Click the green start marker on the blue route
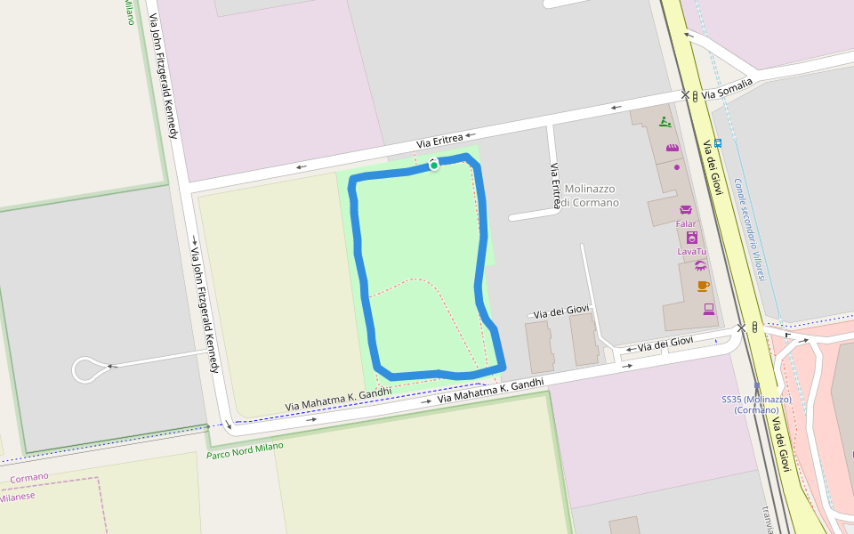click(433, 165)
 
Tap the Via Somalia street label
click(727, 88)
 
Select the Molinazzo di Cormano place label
click(591, 195)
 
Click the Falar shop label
click(686, 224)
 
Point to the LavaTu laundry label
click(691, 252)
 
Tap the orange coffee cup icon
click(703, 286)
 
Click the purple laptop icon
click(709, 309)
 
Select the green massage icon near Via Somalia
click(665, 122)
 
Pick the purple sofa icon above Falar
click(686, 210)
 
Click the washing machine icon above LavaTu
click(692, 238)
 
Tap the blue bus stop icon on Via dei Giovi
click(718, 142)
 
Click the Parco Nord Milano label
click(245, 450)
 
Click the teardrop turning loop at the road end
click(87, 368)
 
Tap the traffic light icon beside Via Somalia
click(695, 96)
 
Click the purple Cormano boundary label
click(29, 477)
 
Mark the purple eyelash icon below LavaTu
click(700, 265)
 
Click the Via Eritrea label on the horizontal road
click(440, 140)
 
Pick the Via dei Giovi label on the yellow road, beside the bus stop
click(714, 166)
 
